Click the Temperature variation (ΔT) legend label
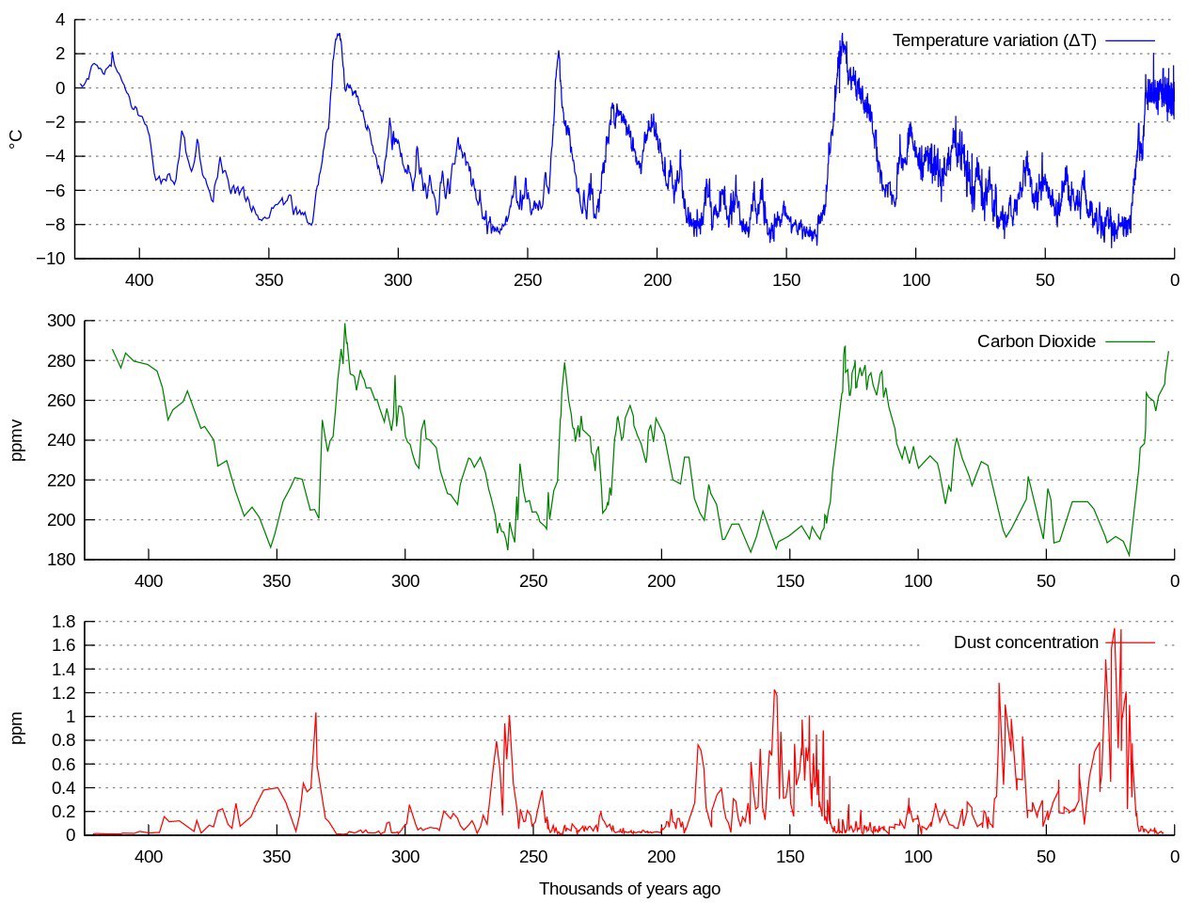(994, 40)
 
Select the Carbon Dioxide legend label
(1036, 341)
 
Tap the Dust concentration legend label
(1025, 642)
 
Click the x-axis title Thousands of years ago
(629, 889)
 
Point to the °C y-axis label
(16, 139)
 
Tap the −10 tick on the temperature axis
(50, 259)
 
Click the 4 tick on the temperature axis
(60, 20)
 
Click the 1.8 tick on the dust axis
(64, 622)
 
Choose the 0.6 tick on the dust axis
(64, 764)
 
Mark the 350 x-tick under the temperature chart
(269, 279)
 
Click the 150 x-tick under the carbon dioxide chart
(790, 580)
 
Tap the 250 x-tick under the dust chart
(533, 857)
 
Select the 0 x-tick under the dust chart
(1174, 857)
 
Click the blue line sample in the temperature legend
(1130, 40)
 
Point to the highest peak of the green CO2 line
(344, 325)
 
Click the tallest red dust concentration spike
(1115, 629)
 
